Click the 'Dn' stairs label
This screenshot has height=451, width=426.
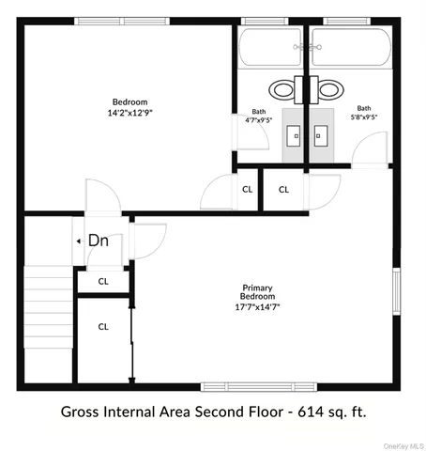click(x=99, y=241)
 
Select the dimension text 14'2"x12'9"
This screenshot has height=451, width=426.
click(x=129, y=113)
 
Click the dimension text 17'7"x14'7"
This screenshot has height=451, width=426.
click(x=258, y=306)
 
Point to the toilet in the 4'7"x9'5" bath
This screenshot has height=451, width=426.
click(x=282, y=90)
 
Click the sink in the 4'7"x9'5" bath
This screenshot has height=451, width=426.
click(x=295, y=134)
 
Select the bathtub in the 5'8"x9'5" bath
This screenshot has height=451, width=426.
click(x=349, y=47)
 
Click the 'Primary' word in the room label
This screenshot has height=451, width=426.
click(x=257, y=288)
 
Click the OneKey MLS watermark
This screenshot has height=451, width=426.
click(x=404, y=444)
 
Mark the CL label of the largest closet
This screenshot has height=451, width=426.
click(x=103, y=327)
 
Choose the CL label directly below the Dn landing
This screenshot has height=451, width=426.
click(x=103, y=280)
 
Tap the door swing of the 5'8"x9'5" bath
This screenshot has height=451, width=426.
click(x=373, y=150)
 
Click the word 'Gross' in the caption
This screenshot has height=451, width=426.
click(x=83, y=411)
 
